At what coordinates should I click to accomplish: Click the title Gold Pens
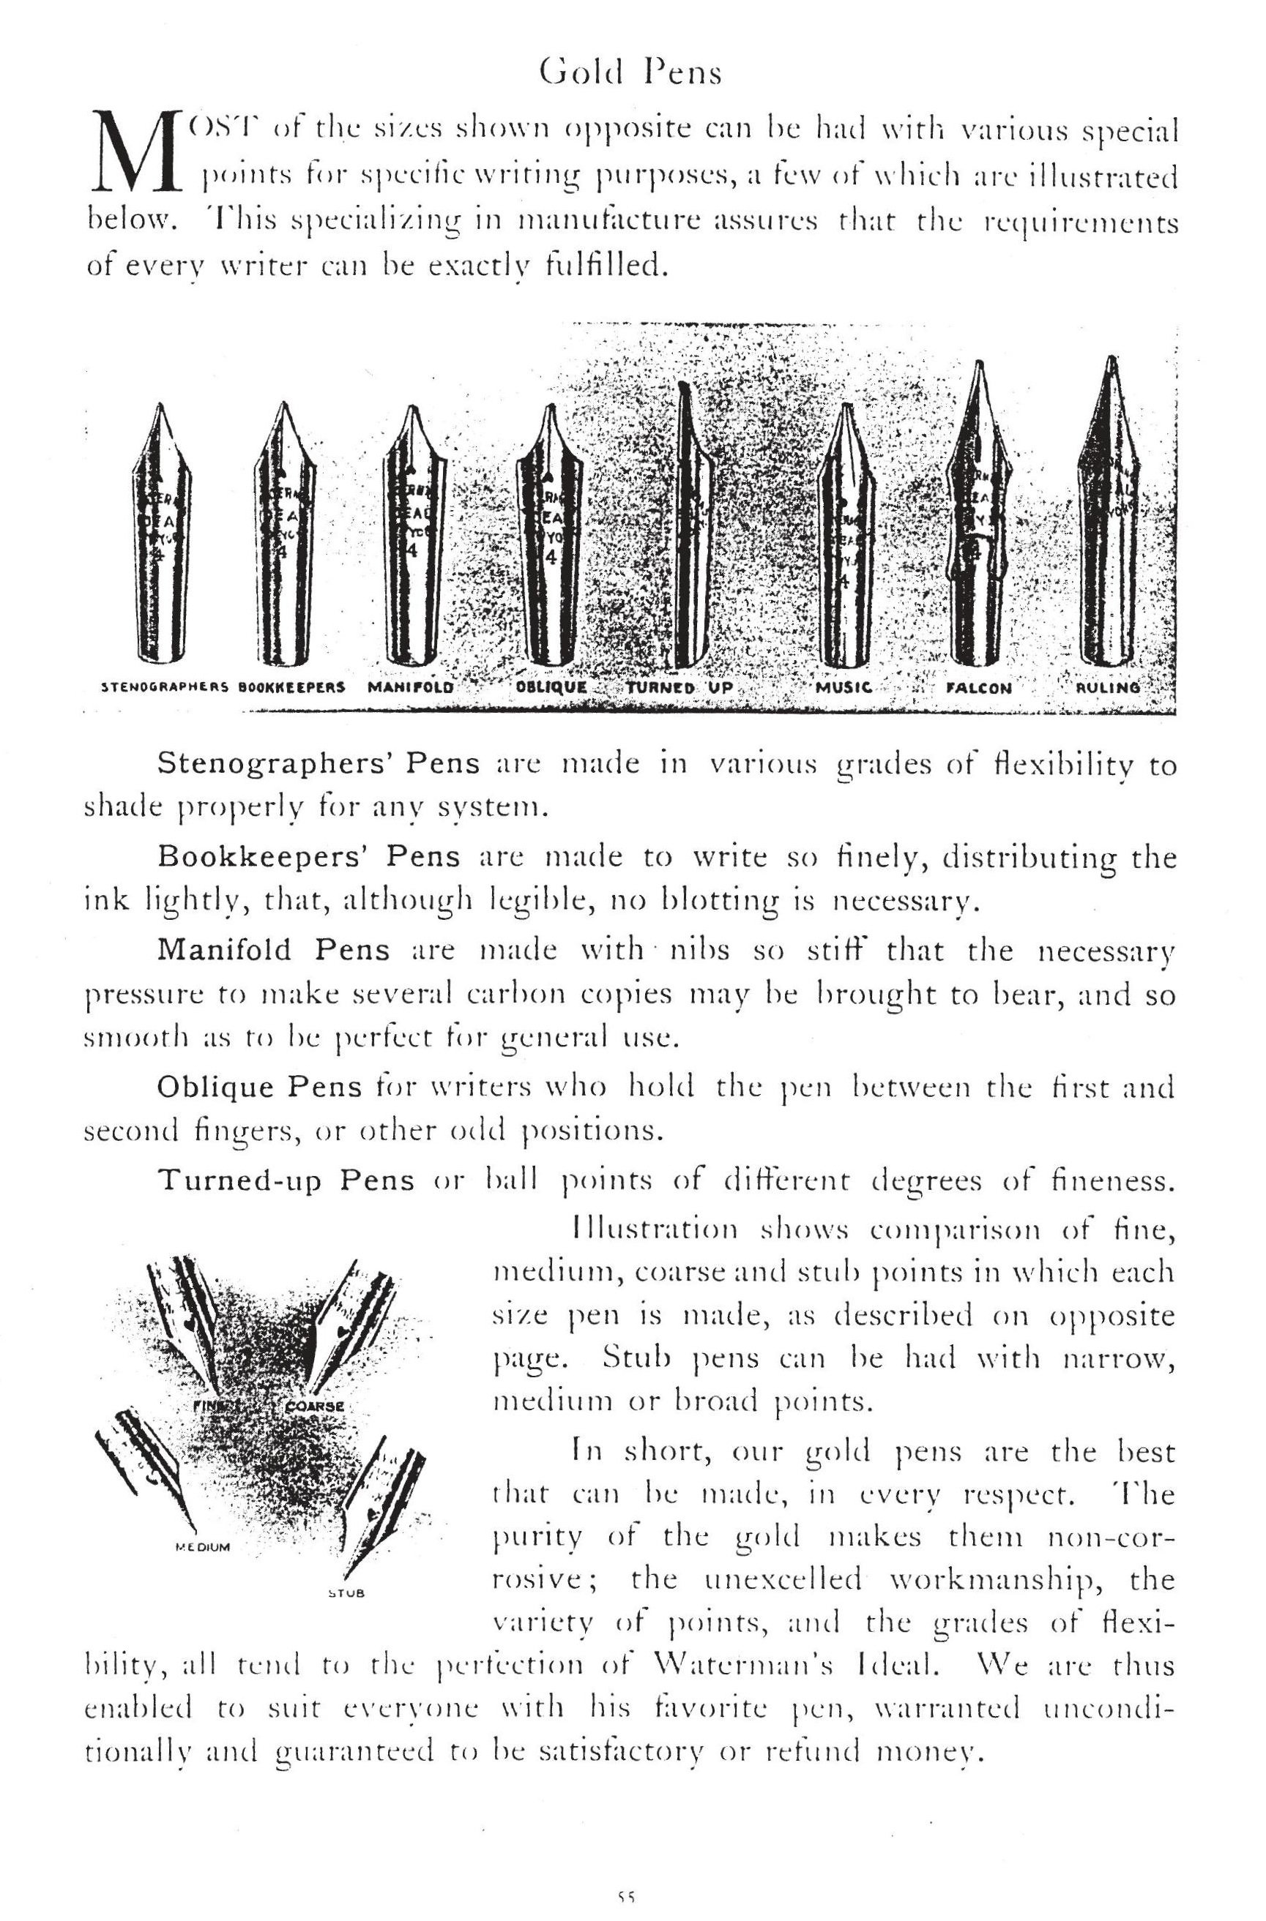point(630,72)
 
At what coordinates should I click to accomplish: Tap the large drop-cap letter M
point(135,151)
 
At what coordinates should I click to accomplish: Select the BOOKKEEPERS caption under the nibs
point(292,689)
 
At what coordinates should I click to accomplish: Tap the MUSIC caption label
point(844,688)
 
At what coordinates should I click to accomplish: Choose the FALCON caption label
point(978,689)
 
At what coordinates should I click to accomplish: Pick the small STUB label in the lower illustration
point(348,1594)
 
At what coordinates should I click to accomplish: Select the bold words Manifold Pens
point(274,950)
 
